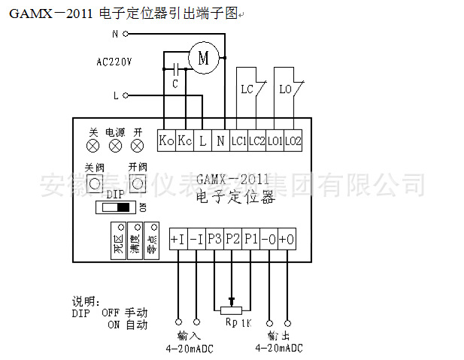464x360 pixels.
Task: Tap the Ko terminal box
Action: click(x=166, y=140)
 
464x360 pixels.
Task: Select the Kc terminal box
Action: click(x=184, y=140)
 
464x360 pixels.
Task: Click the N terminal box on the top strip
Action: click(x=220, y=140)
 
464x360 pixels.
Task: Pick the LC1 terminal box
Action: click(x=238, y=140)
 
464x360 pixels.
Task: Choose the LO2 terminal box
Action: click(x=293, y=140)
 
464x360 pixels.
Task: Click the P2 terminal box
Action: click(x=232, y=239)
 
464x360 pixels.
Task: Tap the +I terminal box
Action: click(x=178, y=239)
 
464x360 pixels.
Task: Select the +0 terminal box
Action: click(x=287, y=239)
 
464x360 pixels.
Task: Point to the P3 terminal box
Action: click(x=214, y=239)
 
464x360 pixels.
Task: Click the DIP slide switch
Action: click(x=117, y=206)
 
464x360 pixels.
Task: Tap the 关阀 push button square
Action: click(x=94, y=183)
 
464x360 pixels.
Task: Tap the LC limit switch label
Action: click(x=247, y=89)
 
